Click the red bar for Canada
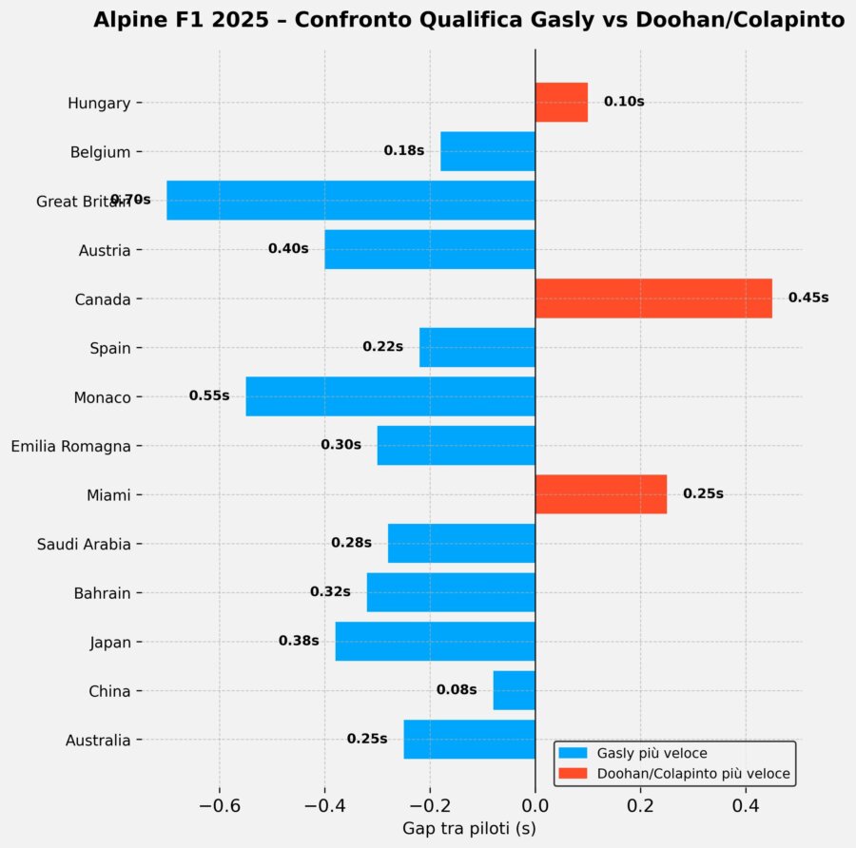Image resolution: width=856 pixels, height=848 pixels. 653,299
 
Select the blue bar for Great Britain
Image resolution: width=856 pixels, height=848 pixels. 351,201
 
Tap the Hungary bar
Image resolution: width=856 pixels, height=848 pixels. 561,102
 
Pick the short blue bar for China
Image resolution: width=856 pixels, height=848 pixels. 514,690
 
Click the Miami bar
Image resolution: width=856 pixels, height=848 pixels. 601,494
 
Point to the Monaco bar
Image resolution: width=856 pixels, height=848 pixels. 390,396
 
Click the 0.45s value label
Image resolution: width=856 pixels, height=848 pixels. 808,298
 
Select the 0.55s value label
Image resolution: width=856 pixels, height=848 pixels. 209,395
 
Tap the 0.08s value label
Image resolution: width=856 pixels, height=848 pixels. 457,689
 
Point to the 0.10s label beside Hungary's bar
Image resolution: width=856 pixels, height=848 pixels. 624,101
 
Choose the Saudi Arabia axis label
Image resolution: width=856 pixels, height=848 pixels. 84,545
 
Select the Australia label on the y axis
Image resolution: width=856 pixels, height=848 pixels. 98,741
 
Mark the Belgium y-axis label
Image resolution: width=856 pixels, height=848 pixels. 100,151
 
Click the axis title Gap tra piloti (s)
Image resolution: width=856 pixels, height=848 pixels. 469,829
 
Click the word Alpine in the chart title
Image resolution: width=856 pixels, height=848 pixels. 127,21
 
